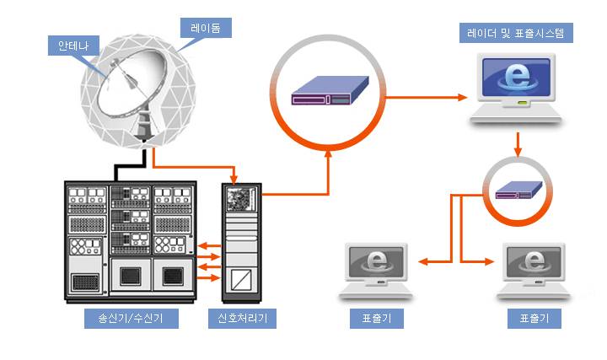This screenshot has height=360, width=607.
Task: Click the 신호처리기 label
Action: pos(243,320)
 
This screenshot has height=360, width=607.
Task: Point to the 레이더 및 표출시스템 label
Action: pos(521,35)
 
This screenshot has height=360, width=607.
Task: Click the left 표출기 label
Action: pos(376,320)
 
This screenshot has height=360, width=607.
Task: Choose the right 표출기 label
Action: pos(534,320)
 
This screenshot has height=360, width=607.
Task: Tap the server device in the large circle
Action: pos(331,89)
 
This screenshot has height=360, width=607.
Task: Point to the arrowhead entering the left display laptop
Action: pos(422,261)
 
